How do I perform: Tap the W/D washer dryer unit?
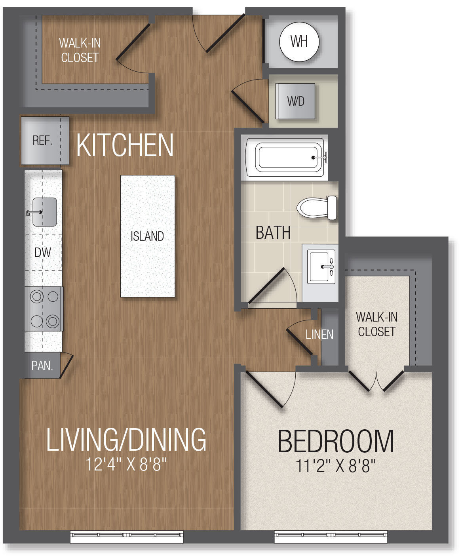pos(296,101)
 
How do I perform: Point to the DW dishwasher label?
pos(43,252)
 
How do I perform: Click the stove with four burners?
pos(44,309)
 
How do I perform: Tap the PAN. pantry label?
pos(42,366)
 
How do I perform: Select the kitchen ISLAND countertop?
pos(148,236)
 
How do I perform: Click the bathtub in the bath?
pos(286,158)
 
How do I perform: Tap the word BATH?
pos(273,232)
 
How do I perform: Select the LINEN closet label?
pos(319,335)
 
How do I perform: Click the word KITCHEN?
pos(125,145)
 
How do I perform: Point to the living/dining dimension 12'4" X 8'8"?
pos(126,465)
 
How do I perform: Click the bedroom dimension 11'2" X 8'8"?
pos(336,466)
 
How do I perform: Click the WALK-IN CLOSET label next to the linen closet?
pos(376,324)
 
